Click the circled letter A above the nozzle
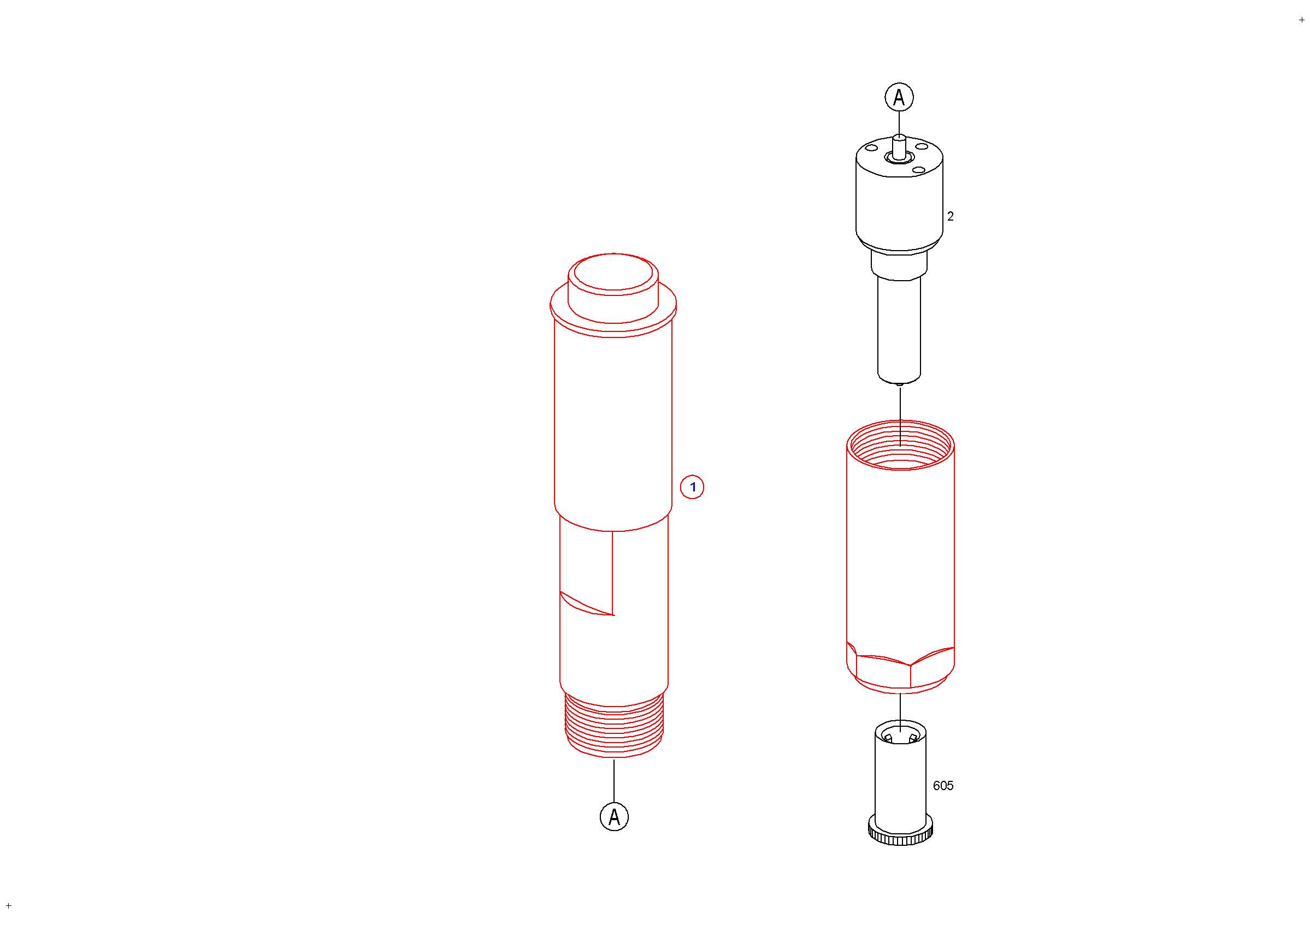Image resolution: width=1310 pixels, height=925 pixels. [x=899, y=97]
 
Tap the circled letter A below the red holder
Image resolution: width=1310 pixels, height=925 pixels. [x=615, y=817]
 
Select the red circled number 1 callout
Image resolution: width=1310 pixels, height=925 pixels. [x=692, y=487]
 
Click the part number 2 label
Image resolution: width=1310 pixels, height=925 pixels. [x=951, y=216]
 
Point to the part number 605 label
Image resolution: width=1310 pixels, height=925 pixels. [x=943, y=786]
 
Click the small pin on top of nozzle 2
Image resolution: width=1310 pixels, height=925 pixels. [x=899, y=147]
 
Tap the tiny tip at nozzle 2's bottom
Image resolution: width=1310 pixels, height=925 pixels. [x=900, y=384]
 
